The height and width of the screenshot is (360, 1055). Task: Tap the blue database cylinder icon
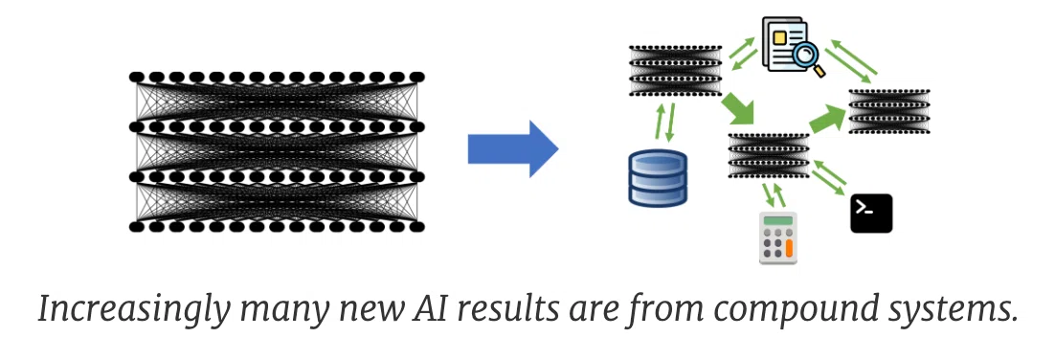[x=658, y=178]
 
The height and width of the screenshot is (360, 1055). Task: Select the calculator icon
[x=777, y=238]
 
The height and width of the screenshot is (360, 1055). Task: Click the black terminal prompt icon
[x=871, y=214]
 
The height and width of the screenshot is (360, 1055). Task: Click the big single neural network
[x=277, y=151]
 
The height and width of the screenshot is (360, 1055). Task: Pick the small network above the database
[x=676, y=71]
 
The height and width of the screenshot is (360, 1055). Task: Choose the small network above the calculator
[x=769, y=155]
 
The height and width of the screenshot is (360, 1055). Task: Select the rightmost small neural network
[x=888, y=111]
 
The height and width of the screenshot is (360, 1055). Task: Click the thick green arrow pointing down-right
[x=739, y=110]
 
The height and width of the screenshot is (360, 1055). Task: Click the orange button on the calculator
[x=789, y=249]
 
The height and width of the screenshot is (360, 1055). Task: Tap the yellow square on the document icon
[x=779, y=37]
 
